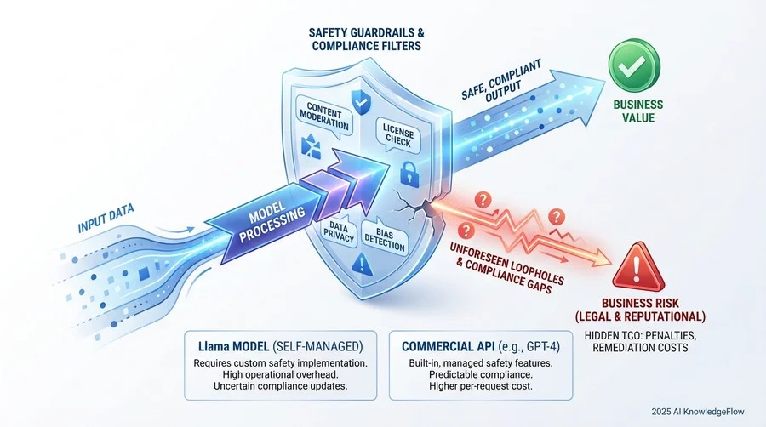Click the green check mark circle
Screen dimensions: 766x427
coord(634,65)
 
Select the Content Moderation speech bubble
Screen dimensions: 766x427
coord(324,117)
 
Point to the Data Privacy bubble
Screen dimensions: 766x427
coord(339,232)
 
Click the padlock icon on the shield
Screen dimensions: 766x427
coord(409,174)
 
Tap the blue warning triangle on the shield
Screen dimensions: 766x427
coord(362,265)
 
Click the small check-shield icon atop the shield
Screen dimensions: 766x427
coord(362,102)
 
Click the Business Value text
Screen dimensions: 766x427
coord(637,111)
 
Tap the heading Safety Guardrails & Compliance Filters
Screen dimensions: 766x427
coord(366,39)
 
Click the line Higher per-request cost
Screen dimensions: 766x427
coord(481,386)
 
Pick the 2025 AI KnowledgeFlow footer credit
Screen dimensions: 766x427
coord(698,412)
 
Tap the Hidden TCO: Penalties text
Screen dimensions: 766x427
coord(640,336)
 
